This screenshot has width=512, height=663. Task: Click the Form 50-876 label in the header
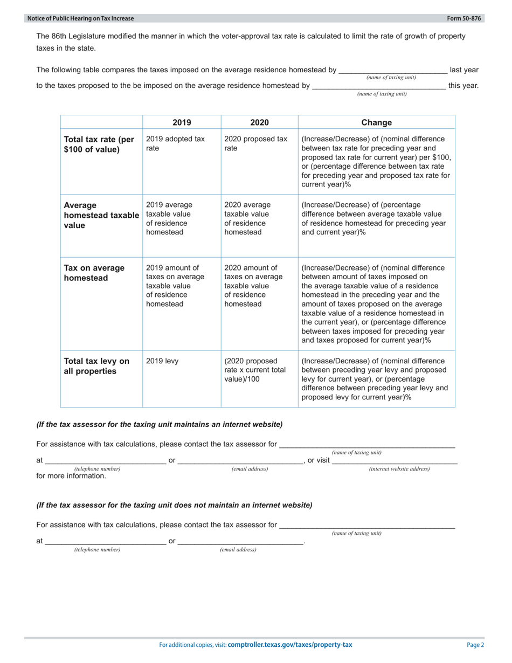coord(465,18)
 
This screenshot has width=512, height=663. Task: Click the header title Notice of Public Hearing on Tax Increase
coord(80,18)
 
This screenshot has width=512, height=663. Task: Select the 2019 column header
coord(182,122)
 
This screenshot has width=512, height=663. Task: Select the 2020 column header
coord(259,122)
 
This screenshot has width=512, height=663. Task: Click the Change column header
coord(376,122)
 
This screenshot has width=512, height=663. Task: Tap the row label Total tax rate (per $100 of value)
coord(99,144)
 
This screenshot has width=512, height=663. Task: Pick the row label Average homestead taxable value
coord(101,215)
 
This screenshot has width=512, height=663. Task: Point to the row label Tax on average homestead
coord(94,273)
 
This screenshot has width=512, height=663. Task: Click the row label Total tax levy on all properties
coord(96,366)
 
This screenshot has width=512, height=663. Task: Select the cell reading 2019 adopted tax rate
coord(175,143)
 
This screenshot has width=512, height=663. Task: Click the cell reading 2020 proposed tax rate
coord(255,143)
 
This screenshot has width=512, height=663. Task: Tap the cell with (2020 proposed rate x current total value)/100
coord(255,370)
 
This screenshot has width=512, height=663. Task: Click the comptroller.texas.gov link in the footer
coord(290,645)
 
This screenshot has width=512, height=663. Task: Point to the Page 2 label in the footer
coord(475,645)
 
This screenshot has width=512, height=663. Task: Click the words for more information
coord(71,476)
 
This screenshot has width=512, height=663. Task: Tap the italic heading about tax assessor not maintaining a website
coord(174,505)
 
